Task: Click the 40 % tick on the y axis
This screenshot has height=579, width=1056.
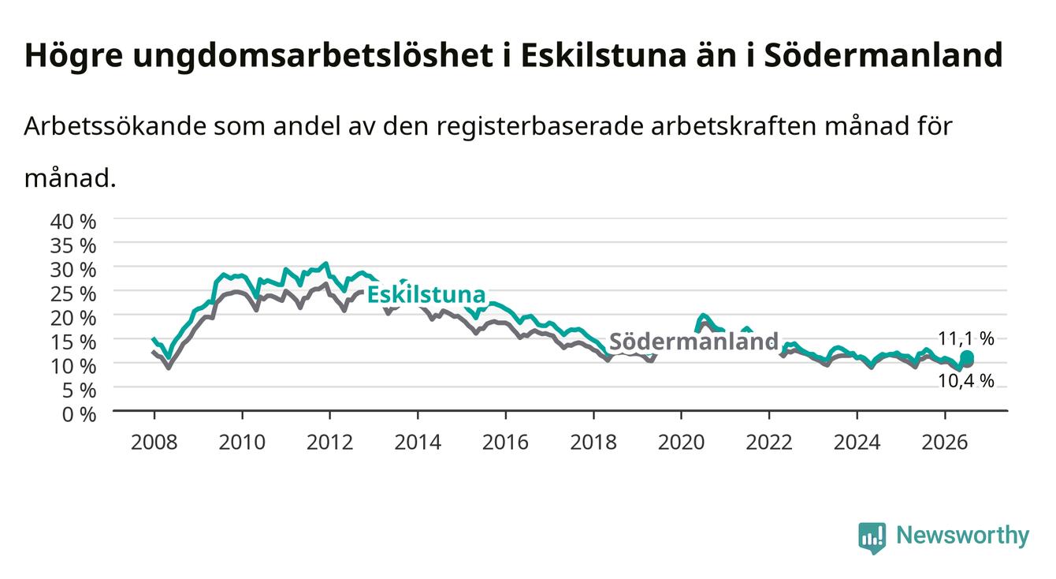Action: [x=73, y=222]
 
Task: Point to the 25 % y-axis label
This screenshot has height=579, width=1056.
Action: [x=73, y=294]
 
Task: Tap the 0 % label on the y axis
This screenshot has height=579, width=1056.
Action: [x=79, y=414]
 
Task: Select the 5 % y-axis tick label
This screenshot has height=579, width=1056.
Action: [x=79, y=390]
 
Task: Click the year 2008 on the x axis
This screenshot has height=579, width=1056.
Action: [x=154, y=443]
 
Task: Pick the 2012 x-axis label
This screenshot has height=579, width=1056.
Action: [x=330, y=443]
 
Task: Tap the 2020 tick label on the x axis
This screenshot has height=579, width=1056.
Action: [x=681, y=443]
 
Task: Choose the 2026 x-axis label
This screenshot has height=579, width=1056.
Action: [x=945, y=443]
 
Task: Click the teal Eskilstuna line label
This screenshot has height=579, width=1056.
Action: [x=426, y=294]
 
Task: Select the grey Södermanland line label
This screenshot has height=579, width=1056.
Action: [x=693, y=341]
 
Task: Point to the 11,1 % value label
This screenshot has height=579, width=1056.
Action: [x=966, y=338]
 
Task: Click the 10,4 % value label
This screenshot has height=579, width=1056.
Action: [x=966, y=380]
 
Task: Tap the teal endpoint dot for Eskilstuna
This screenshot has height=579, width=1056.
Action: [x=967, y=357]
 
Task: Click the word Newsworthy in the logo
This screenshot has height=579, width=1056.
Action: [x=963, y=535]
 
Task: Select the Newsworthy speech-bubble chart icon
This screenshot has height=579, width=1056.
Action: [x=872, y=538]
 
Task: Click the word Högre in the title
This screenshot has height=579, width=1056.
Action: [x=73, y=56]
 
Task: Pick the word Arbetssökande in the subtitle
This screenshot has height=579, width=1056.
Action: [x=115, y=126]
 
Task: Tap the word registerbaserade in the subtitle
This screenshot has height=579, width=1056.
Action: [x=540, y=126]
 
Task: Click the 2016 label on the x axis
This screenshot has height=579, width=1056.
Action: [x=505, y=443]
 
